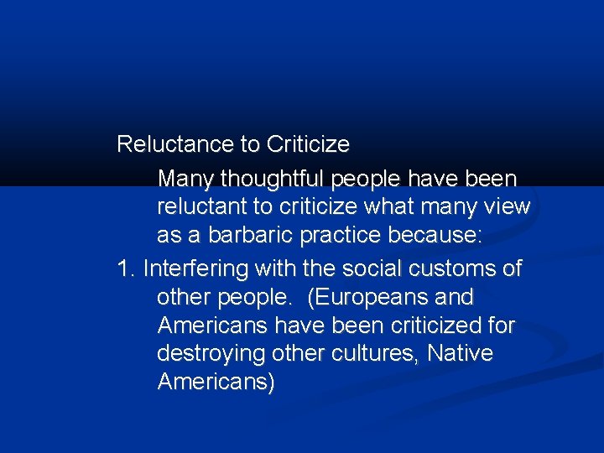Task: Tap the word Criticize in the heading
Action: coord(308,144)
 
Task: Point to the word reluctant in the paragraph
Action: coord(201,206)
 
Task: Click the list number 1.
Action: coord(126,269)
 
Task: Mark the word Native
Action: coord(460,354)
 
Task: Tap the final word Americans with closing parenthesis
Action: coord(215,383)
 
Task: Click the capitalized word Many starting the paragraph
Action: coord(186,179)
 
